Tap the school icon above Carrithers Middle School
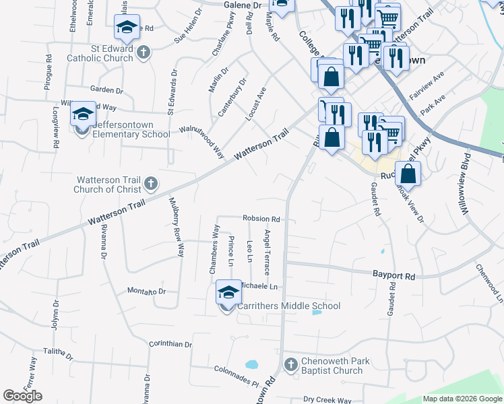228,292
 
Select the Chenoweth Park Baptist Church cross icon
290,364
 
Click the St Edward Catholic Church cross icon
143,53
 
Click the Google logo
23,396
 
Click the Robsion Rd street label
261,219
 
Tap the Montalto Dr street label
146,292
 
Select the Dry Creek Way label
327,400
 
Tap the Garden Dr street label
106,89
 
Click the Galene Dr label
242,5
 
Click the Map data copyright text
462,399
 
